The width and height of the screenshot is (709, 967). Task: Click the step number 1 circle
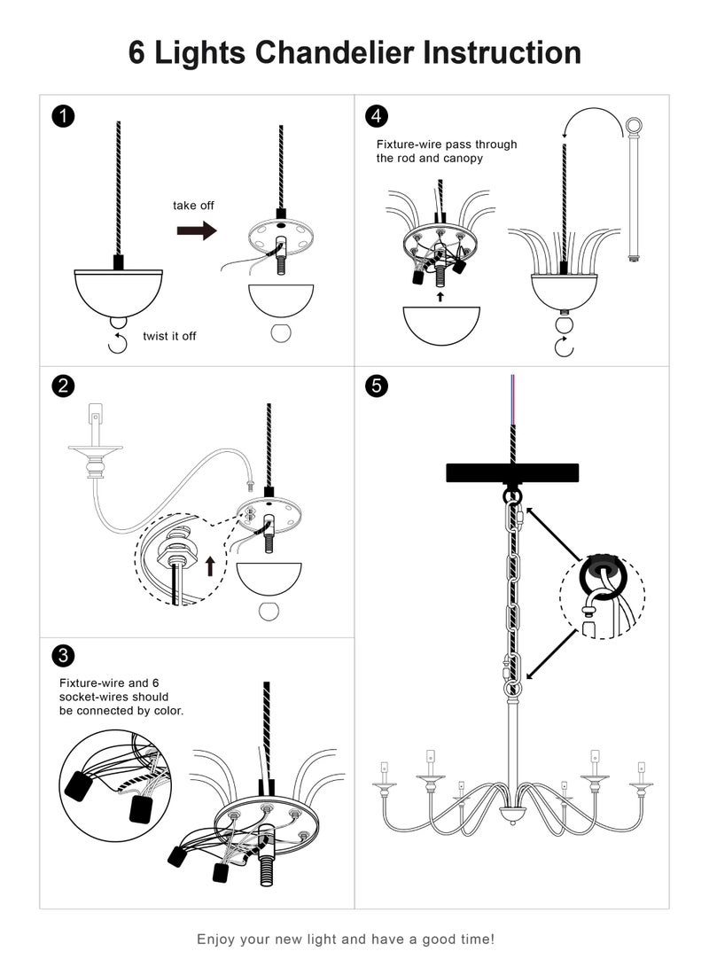click(63, 116)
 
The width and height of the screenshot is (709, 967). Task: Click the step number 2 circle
click(63, 386)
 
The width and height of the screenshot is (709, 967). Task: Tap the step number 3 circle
click(63, 656)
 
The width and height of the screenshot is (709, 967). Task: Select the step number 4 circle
click(378, 116)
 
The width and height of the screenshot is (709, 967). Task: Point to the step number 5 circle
click(378, 386)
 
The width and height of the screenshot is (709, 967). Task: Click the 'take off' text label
click(193, 206)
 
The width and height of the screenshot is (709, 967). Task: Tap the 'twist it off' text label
click(169, 337)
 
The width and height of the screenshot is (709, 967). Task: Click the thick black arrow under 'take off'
click(196, 230)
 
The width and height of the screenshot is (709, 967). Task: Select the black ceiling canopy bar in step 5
click(511, 472)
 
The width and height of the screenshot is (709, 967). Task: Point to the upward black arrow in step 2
click(209, 565)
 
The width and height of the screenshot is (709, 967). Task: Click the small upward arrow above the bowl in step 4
click(440, 298)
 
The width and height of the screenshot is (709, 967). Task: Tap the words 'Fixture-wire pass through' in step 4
click(447, 144)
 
